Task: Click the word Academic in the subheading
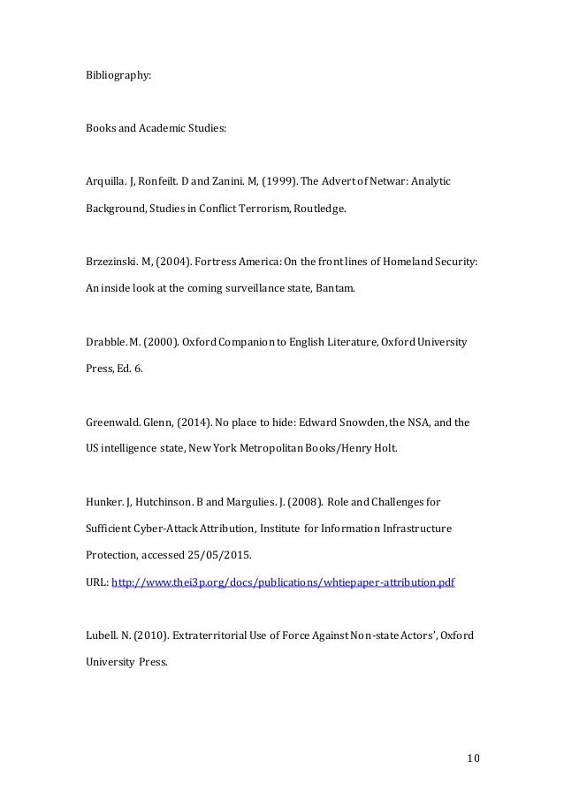(164, 128)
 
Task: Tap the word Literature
(354, 341)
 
